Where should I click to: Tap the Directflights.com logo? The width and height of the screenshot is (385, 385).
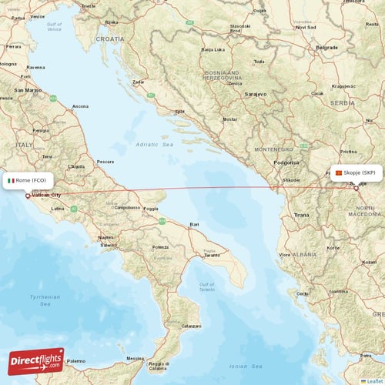point(36,360)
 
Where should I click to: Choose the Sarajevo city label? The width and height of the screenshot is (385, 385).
point(255,94)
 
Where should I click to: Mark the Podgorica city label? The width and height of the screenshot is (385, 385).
point(286,162)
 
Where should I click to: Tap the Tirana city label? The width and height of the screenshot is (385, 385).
point(302,215)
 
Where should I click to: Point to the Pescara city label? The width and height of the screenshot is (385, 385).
point(105,162)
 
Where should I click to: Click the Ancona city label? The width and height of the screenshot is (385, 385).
point(80,105)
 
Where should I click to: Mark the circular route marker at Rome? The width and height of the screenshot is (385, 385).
point(28,196)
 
